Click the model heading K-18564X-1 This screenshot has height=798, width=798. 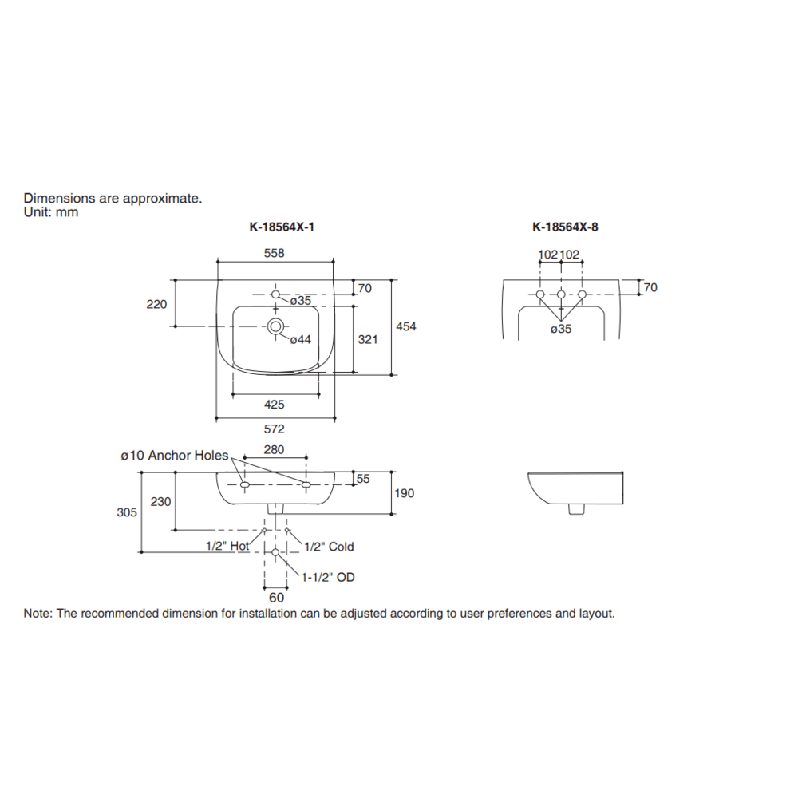(x=282, y=227)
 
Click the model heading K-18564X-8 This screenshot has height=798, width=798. (x=565, y=227)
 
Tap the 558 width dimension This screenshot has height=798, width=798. (x=275, y=253)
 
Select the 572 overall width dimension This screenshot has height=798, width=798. (x=275, y=429)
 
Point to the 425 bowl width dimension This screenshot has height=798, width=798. (x=275, y=405)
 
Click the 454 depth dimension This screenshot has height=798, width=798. (x=407, y=326)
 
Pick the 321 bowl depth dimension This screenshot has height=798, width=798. (x=367, y=339)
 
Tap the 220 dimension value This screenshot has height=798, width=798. (x=157, y=304)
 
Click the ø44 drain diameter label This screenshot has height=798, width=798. (x=300, y=340)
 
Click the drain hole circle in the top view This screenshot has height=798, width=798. (x=275, y=326)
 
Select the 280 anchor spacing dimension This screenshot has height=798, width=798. (x=274, y=450)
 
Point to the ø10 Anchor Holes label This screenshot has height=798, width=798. (x=174, y=456)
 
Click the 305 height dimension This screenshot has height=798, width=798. (x=127, y=513)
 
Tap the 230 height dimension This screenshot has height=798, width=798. (x=160, y=501)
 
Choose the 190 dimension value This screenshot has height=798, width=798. (x=405, y=493)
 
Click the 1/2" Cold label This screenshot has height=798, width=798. (x=330, y=547)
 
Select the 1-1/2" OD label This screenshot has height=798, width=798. (x=328, y=577)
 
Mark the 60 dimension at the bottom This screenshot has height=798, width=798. (x=275, y=597)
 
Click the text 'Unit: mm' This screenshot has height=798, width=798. (x=51, y=212)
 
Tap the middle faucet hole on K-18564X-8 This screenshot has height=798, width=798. (x=561, y=295)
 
